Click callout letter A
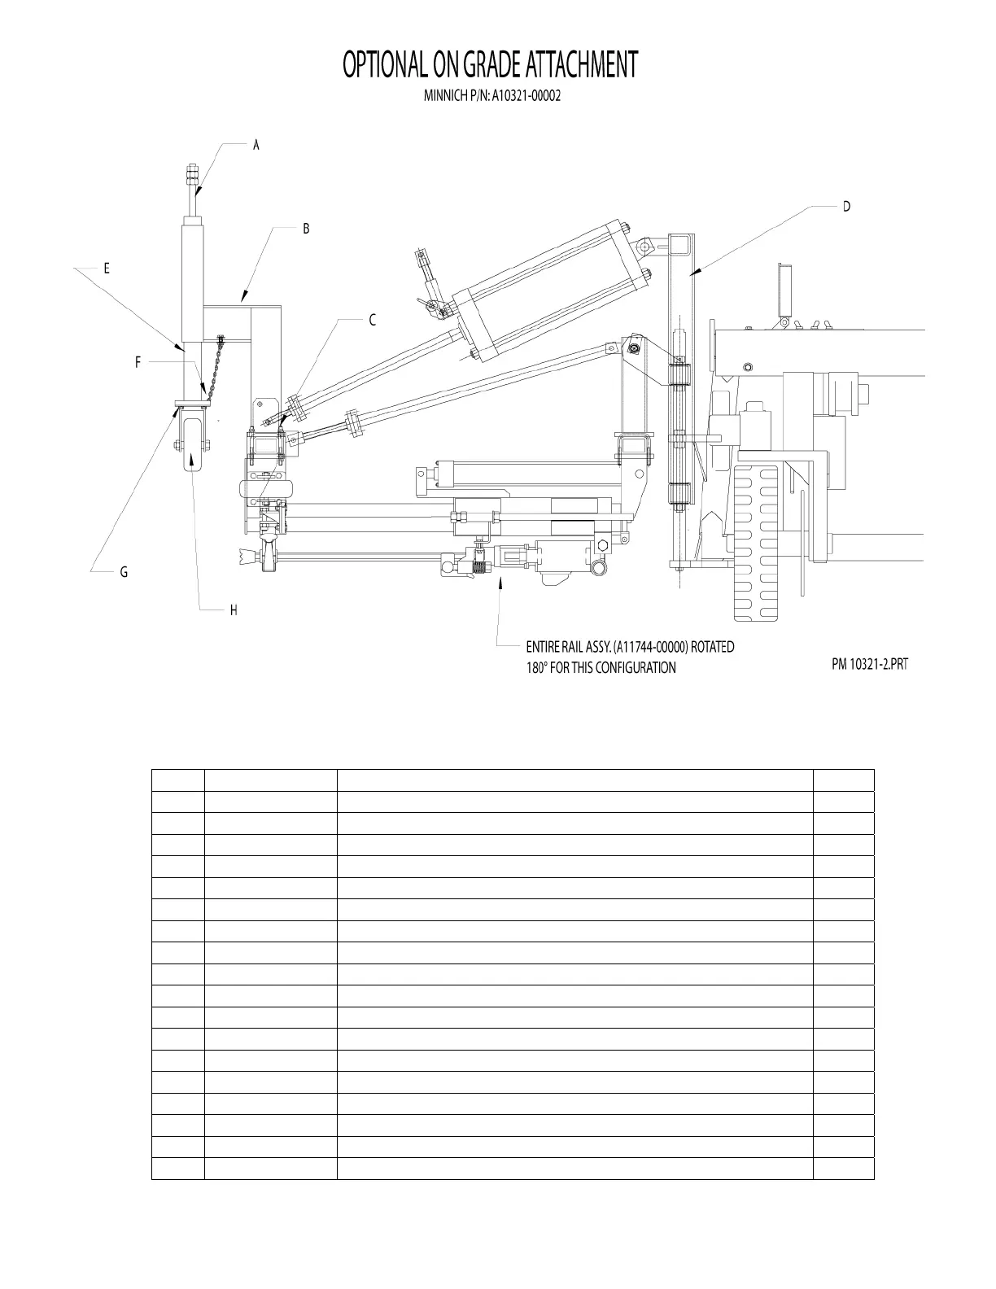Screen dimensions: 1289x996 [256, 145]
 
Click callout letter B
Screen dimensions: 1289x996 [306, 229]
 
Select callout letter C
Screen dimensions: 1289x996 [373, 320]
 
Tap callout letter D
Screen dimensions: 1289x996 [846, 207]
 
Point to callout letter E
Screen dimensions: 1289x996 [106, 268]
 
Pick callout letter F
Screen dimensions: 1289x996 [138, 363]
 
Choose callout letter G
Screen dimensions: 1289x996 [124, 572]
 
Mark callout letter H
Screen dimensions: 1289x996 [234, 610]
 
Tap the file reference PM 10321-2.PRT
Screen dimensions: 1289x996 [869, 664]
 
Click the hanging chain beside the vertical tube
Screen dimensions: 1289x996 [213, 366]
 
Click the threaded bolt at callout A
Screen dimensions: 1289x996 [193, 181]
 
